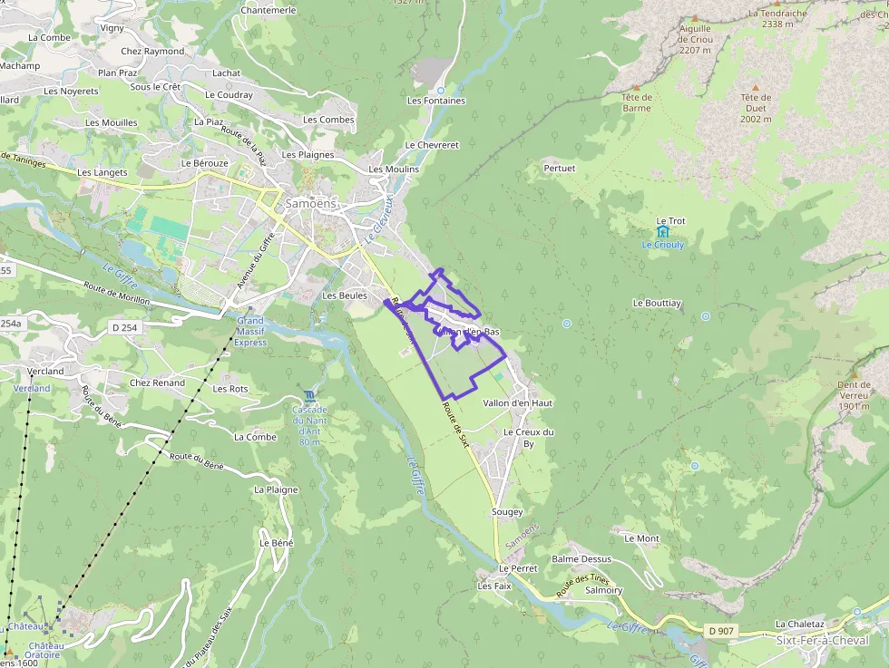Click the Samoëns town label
pos(311,204)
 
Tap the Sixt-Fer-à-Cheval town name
pos(822,640)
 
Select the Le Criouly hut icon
pos(662,232)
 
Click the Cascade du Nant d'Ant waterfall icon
pos(310,395)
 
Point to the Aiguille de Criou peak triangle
pos(696,18)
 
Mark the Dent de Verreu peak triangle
pos(853,373)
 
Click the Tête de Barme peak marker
pos(637,86)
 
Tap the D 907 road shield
pos(720,631)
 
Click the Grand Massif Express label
pos(250,332)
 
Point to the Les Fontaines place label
pos(436,101)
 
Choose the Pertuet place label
pos(559,169)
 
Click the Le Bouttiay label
pos(658,303)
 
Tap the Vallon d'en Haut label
pos(518,402)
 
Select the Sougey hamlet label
pos(507,512)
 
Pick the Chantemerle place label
pos(269,10)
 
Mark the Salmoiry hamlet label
pos(604,590)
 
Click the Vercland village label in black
pos(45,372)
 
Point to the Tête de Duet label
pos(755,108)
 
